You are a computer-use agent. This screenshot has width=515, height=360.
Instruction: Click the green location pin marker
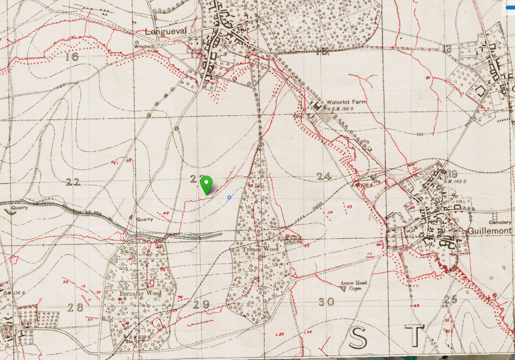click(x=206, y=183)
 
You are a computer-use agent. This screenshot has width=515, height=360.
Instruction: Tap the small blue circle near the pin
click(x=229, y=197)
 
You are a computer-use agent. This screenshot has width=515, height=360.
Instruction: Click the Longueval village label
click(x=164, y=32)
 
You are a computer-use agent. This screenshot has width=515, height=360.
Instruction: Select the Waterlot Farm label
click(x=347, y=102)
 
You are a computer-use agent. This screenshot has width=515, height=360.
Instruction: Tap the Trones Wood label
click(x=261, y=249)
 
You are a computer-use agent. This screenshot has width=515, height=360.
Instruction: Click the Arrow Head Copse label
click(x=354, y=285)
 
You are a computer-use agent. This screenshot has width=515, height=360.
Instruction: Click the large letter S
click(x=358, y=337)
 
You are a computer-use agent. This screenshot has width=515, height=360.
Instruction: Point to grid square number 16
click(x=71, y=56)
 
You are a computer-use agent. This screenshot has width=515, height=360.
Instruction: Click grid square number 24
click(x=324, y=176)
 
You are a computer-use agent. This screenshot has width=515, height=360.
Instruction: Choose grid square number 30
click(x=326, y=302)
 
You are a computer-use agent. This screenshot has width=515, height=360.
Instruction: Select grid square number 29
click(x=201, y=305)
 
